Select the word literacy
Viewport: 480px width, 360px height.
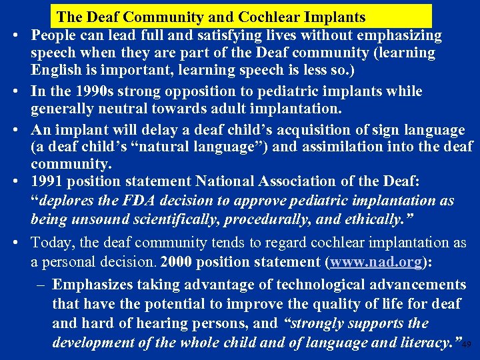(x=425, y=343)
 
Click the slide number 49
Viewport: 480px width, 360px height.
(x=467, y=345)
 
